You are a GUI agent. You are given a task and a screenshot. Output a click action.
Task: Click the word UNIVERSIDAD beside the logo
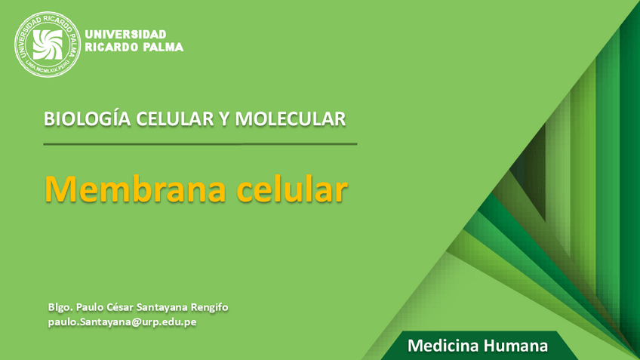(126, 35)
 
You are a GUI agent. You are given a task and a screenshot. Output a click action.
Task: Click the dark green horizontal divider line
(200, 143)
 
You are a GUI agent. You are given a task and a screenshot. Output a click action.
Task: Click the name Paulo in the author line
(91, 307)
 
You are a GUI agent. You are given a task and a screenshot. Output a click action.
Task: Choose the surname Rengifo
(208, 307)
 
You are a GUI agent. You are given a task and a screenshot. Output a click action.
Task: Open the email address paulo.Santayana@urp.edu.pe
(122, 322)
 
